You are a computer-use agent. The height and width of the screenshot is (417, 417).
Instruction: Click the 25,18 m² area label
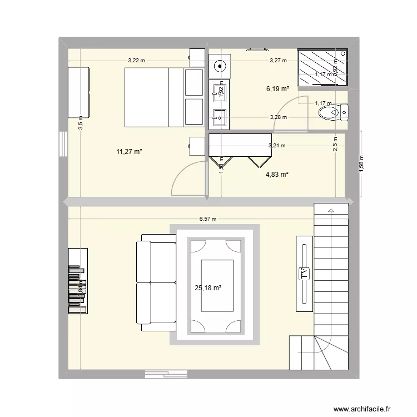point(208,288)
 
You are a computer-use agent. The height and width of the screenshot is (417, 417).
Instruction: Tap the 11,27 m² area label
point(130,151)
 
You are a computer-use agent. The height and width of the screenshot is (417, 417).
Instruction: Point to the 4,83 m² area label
point(276,175)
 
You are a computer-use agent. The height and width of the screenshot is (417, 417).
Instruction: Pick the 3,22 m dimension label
point(136,61)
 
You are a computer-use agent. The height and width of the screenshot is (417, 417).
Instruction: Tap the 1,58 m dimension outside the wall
point(361,164)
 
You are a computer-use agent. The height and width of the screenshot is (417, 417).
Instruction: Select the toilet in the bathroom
point(332,113)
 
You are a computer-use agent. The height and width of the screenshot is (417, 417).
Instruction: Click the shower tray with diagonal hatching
point(322,68)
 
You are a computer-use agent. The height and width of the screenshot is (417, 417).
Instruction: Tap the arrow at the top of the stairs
point(331,211)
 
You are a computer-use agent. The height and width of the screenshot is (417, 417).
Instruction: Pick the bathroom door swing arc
point(292,111)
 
